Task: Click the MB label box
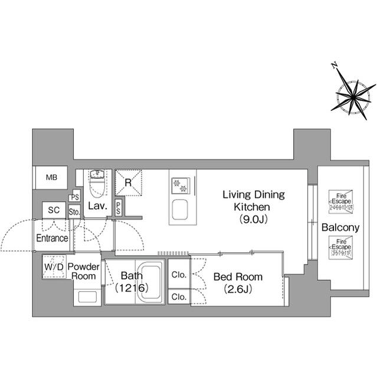pos(51,178)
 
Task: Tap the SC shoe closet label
pos(54,210)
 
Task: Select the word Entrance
pos(52,238)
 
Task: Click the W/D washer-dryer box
pos(54,267)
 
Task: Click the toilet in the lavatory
pos(96,184)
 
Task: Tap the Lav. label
pos(97,206)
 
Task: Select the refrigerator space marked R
pos(128,183)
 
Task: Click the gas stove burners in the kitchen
pos(180,185)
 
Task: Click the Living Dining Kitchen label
pos(253,200)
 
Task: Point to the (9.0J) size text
pos(253,220)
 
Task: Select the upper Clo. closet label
pos(179,275)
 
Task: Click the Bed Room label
pos(238,276)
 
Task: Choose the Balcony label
pos(340,228)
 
